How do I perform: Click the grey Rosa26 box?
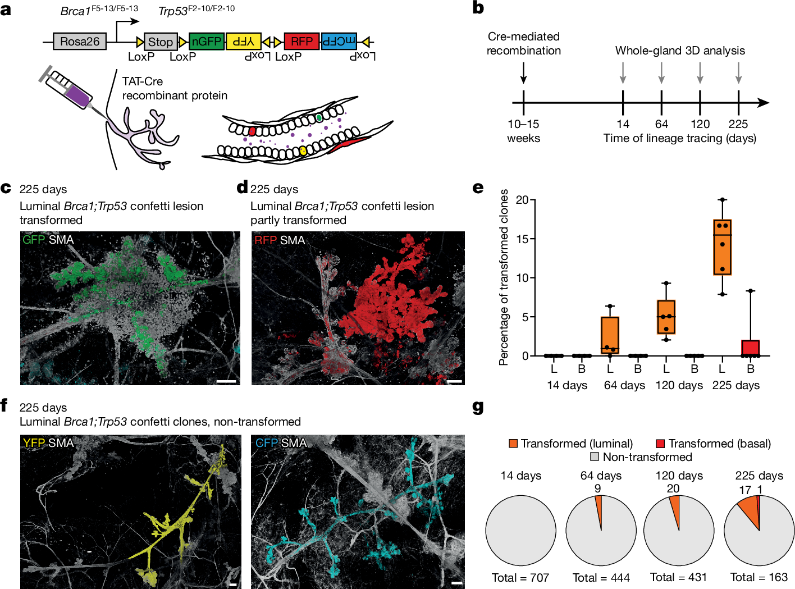point(80,42)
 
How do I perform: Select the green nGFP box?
point(207,42)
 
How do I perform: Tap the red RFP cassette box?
point(301,42)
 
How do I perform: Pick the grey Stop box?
point(161,42)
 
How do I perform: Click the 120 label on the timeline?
point(700,124)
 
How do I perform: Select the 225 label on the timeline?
point(738,124)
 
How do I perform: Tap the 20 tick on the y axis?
point(522,200)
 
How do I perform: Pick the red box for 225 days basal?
point(751,348)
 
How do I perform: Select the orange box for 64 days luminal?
point(610,335)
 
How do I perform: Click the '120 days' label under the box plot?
point(679,385)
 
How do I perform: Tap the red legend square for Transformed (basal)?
point(660,444)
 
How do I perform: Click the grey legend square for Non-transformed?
point(595,457)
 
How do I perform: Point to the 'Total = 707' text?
point(520,577)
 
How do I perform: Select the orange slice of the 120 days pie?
point(675,512)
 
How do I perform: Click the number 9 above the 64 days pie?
point(598,488)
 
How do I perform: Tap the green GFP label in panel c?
point(34,240)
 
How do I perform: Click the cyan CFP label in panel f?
point(267,443)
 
